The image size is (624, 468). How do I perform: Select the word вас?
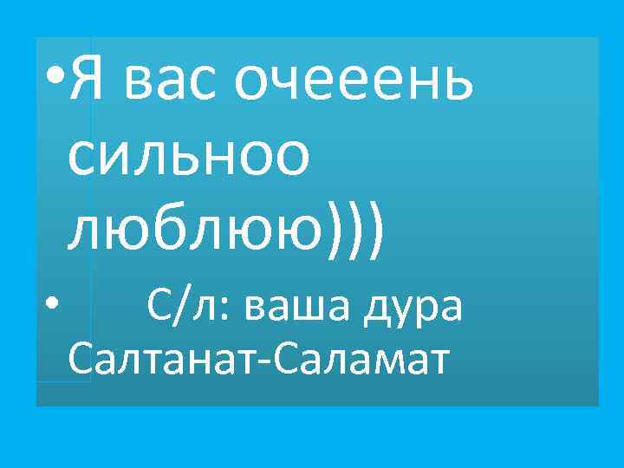pyautogui.click(x=171, y=82)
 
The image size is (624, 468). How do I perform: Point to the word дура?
pyautogui.click(x=418, y=309)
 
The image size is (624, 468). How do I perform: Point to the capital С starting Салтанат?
pyautogui.click(x=79, y=359)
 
